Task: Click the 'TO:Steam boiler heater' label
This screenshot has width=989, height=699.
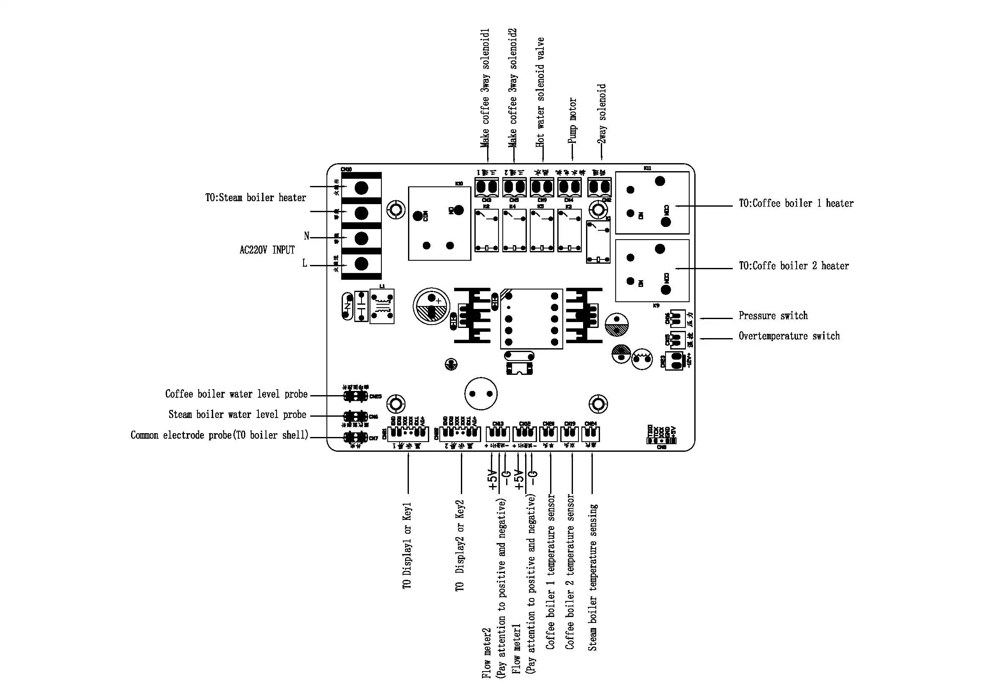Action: point(255,197)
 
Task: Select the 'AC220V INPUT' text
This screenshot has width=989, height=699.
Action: point(267,250)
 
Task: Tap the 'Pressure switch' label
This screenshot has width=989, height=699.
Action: point(773,316)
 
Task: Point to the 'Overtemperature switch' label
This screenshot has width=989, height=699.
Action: point(789,336)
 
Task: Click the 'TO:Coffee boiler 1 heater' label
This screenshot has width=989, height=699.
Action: point(796,203)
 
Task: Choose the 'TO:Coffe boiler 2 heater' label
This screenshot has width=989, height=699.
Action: point(794,266)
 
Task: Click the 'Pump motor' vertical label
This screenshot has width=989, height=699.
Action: point(572,120)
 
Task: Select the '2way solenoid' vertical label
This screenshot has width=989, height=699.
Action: point(602,114)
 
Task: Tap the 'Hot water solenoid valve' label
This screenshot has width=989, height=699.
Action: point(540,92)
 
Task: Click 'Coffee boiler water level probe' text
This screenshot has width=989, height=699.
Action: point(236,394)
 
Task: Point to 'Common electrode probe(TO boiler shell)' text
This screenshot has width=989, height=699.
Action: point(220,435)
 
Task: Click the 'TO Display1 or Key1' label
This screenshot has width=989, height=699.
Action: point(408,545)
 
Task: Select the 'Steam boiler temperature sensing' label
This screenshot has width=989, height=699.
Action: point(593,577)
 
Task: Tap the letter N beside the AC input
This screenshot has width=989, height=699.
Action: point(307,236)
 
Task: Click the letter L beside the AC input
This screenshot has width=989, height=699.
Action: point(305,263)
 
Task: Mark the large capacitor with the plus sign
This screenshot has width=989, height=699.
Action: point(431,306)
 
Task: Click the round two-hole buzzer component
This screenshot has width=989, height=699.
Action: point(481,393)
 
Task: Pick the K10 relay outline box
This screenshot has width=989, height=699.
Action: point(439,224)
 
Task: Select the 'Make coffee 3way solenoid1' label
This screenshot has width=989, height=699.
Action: point(485,88)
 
